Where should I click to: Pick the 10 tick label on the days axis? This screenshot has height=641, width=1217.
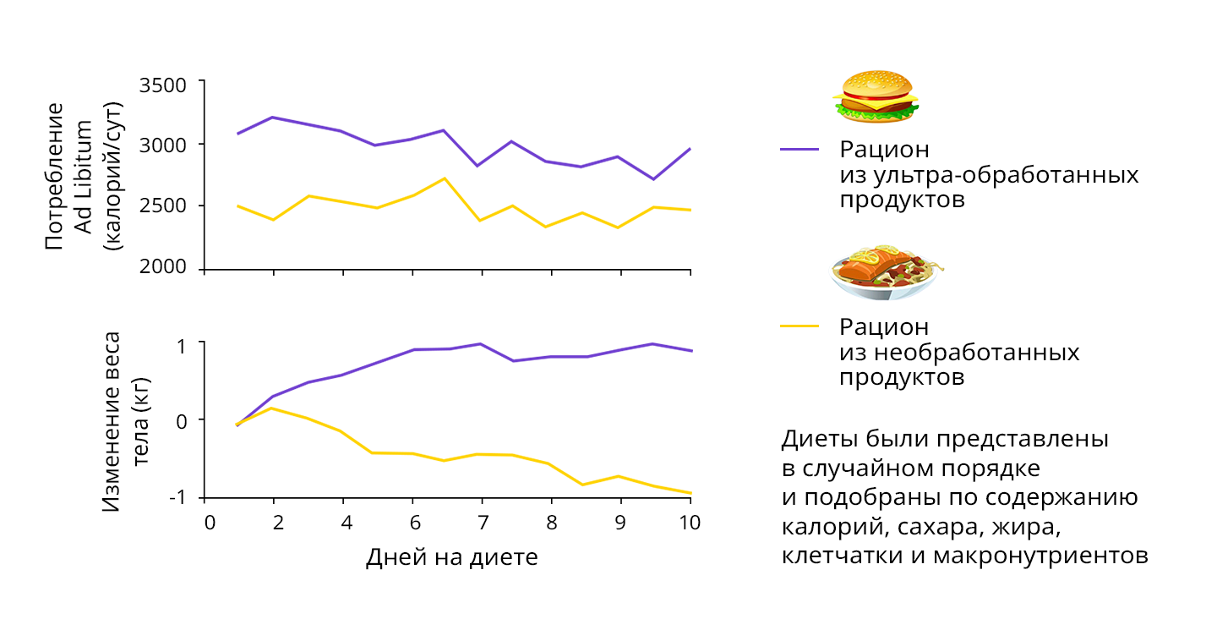click(690, 523)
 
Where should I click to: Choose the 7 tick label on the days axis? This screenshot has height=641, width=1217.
click(482, 523)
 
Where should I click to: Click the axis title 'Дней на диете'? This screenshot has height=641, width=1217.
click(451, 558)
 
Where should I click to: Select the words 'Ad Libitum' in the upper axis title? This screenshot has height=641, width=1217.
click(83, 176)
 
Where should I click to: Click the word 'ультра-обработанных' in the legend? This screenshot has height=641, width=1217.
click(989, 175)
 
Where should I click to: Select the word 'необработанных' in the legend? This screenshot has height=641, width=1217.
click(959, 351)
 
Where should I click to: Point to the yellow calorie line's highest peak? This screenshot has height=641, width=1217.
click(445, 178)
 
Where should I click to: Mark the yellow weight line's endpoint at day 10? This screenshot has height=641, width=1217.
click(690, 493)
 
